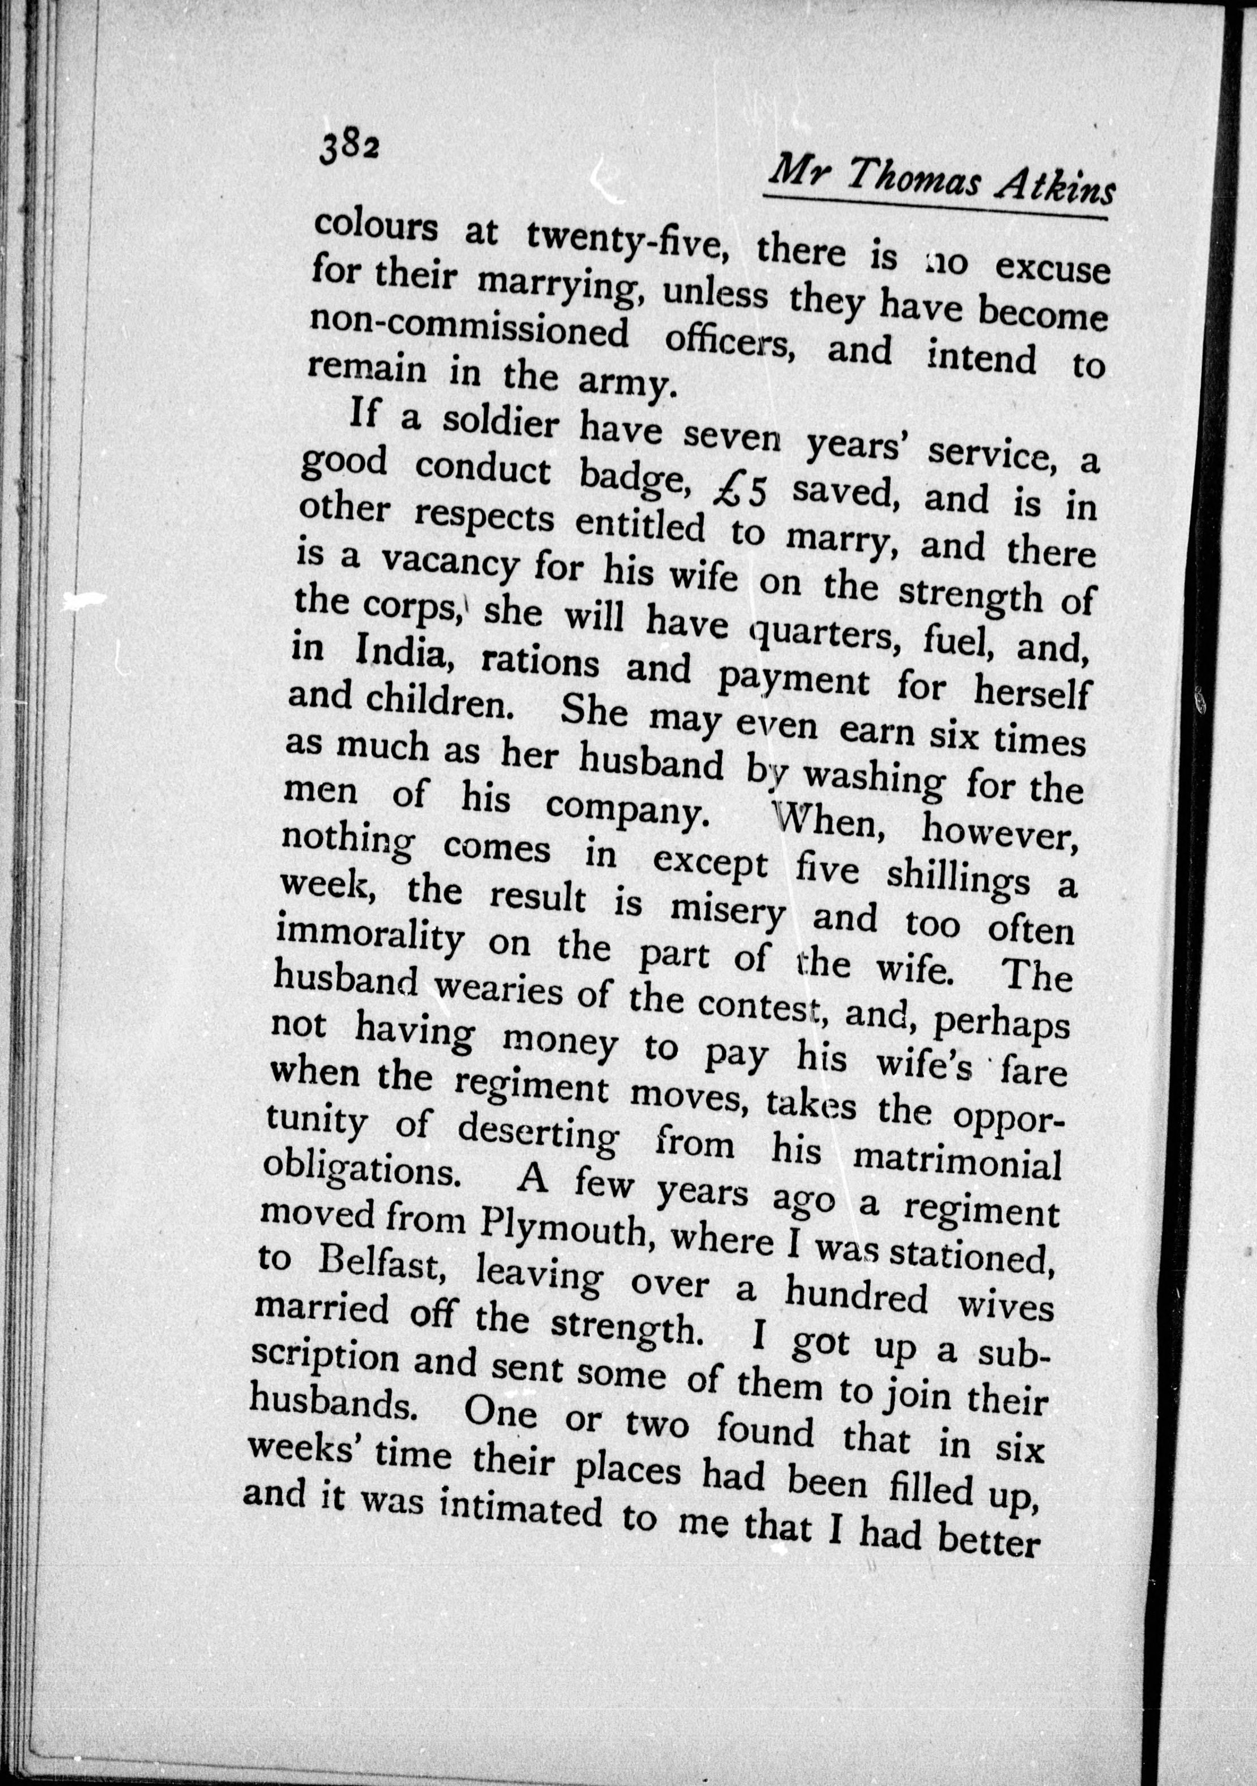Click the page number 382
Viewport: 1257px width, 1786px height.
click(348, 145)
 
